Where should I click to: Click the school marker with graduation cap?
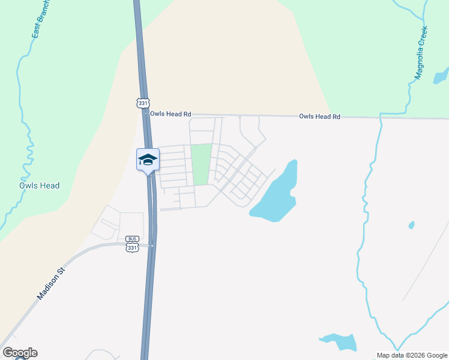point(148,160)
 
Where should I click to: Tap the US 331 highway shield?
point(143,103)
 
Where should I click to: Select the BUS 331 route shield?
point(133,244)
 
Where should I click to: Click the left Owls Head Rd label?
point(170,113)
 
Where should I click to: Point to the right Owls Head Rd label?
point(319,116)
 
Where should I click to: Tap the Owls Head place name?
point(40,185)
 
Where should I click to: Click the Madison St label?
point(50,283)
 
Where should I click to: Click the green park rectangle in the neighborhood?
point(201,164)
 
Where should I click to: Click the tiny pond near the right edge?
point(411,226)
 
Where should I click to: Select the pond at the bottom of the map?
point(341,341)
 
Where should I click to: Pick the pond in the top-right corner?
point(441,76)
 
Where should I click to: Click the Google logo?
point(20,353)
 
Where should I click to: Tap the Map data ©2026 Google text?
point(412,355)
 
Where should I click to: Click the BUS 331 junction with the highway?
point(152,245)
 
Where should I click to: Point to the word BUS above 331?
point(133,239)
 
